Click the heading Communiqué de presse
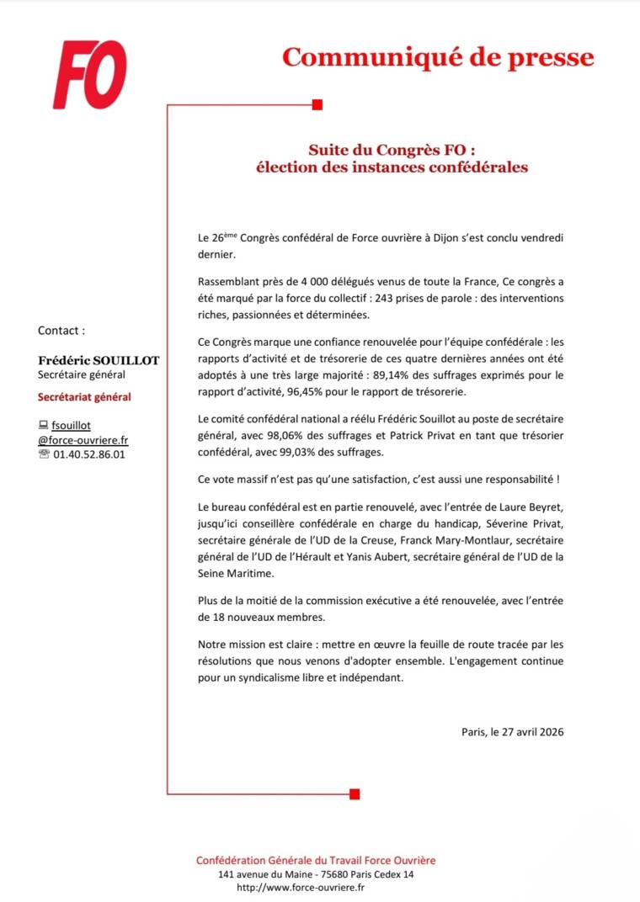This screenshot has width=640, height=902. (437, 57)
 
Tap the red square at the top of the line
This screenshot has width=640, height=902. (317, 104)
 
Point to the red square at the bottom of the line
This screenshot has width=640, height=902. (355, 793)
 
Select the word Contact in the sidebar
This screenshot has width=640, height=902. (61, 331)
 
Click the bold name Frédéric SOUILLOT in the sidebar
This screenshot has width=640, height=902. (99, 360)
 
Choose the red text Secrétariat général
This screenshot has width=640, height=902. (84, 397)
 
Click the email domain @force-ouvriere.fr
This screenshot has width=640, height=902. (83, 440)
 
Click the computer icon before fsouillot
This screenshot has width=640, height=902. (44, 426)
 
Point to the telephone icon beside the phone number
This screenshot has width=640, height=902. (44, 454)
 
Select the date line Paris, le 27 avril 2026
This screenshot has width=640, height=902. (512, 732)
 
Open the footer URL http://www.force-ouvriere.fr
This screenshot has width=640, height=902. (301, 888)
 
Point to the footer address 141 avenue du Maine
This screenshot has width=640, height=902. (264, 875)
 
